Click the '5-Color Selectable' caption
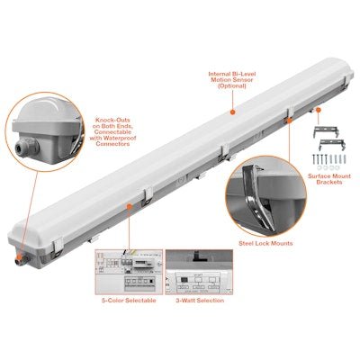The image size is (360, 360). tap(126, 300)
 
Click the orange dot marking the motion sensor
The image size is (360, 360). tap(232, 112)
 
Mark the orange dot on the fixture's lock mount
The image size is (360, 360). tap(290, 121)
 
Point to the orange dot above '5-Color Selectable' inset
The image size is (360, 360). tap(130, 206)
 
